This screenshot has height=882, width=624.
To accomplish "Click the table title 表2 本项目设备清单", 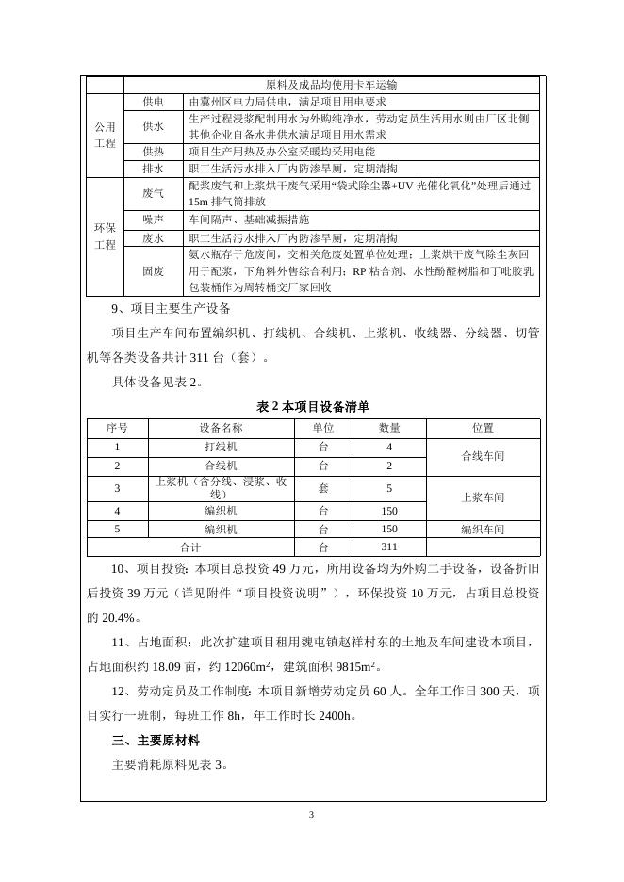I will coord(312,407).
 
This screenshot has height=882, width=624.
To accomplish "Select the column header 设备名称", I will coord(221,428).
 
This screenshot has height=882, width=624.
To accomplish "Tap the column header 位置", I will coord(483,428).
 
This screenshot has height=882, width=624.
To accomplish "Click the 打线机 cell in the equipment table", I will coord(221,448).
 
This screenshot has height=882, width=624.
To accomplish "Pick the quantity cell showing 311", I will coord(388,547).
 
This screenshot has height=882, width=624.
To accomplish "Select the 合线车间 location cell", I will coord(483,456).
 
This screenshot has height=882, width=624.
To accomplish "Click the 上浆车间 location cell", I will coord(483,498).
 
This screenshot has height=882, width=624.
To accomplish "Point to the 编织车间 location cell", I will coord(483,530).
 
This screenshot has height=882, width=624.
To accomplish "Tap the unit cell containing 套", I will coord(323,489).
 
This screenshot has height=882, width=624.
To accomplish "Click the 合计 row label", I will coord(190,547).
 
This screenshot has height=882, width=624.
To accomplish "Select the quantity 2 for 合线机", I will coord(388,465).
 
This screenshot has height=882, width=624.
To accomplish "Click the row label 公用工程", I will coord(105,135).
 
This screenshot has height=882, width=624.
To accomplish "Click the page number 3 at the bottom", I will coord(312,814).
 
